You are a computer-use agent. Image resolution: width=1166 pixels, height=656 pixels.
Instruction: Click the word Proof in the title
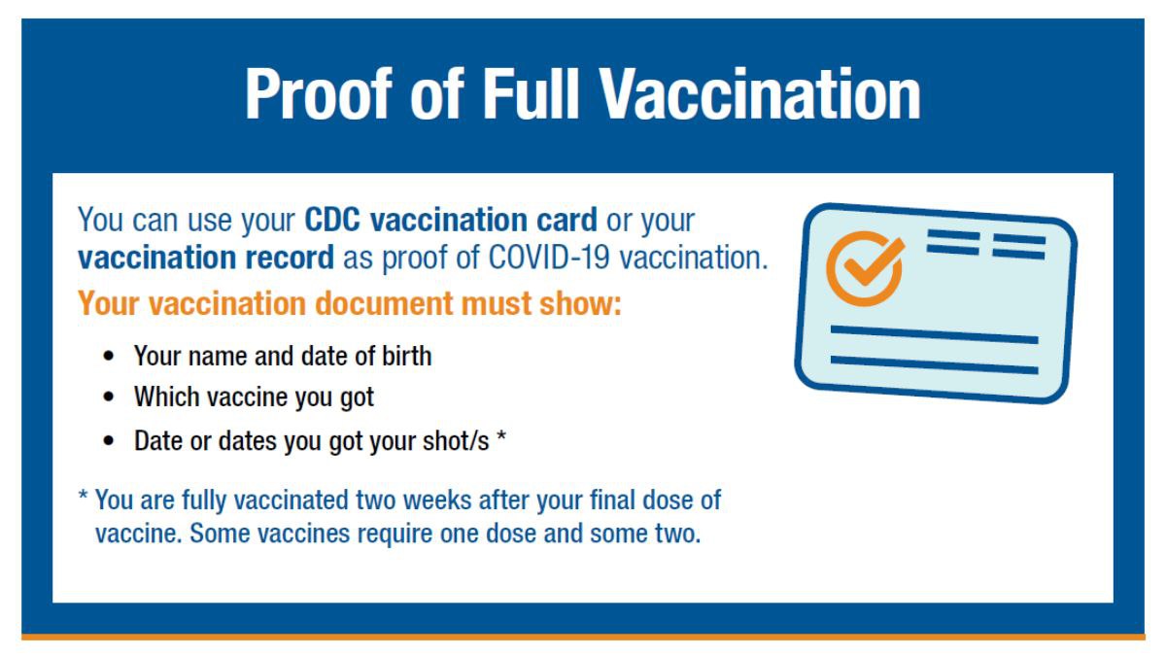tap(318, 94)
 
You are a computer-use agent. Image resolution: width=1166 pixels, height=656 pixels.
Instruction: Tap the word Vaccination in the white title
tap(760, 94)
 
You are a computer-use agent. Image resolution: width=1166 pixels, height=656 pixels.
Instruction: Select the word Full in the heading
tap(531, 94)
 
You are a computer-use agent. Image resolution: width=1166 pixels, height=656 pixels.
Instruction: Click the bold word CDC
tap(332, 220)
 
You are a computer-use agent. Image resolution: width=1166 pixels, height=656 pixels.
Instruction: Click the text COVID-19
tap(549, 258)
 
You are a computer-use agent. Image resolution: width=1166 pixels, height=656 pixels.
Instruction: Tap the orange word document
tap(384, 303)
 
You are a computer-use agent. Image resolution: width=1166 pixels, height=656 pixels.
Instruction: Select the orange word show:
tap(580, 303)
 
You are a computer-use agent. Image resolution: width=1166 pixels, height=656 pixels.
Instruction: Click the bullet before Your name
tap(108, 357)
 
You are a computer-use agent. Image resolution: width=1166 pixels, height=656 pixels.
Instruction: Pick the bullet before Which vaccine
tap(108, 397)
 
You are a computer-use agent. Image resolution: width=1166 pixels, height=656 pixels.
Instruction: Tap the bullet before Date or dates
tap(108, 441)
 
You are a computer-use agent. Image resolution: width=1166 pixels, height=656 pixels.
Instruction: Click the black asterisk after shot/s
tap(501, 435)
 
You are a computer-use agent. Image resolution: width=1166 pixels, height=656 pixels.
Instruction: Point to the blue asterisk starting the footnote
tap(83, 495)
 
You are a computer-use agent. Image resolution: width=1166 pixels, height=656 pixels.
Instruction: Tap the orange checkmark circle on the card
tap(865, 268)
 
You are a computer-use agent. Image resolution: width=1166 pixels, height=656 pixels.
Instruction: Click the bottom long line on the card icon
tap(935, 365)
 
